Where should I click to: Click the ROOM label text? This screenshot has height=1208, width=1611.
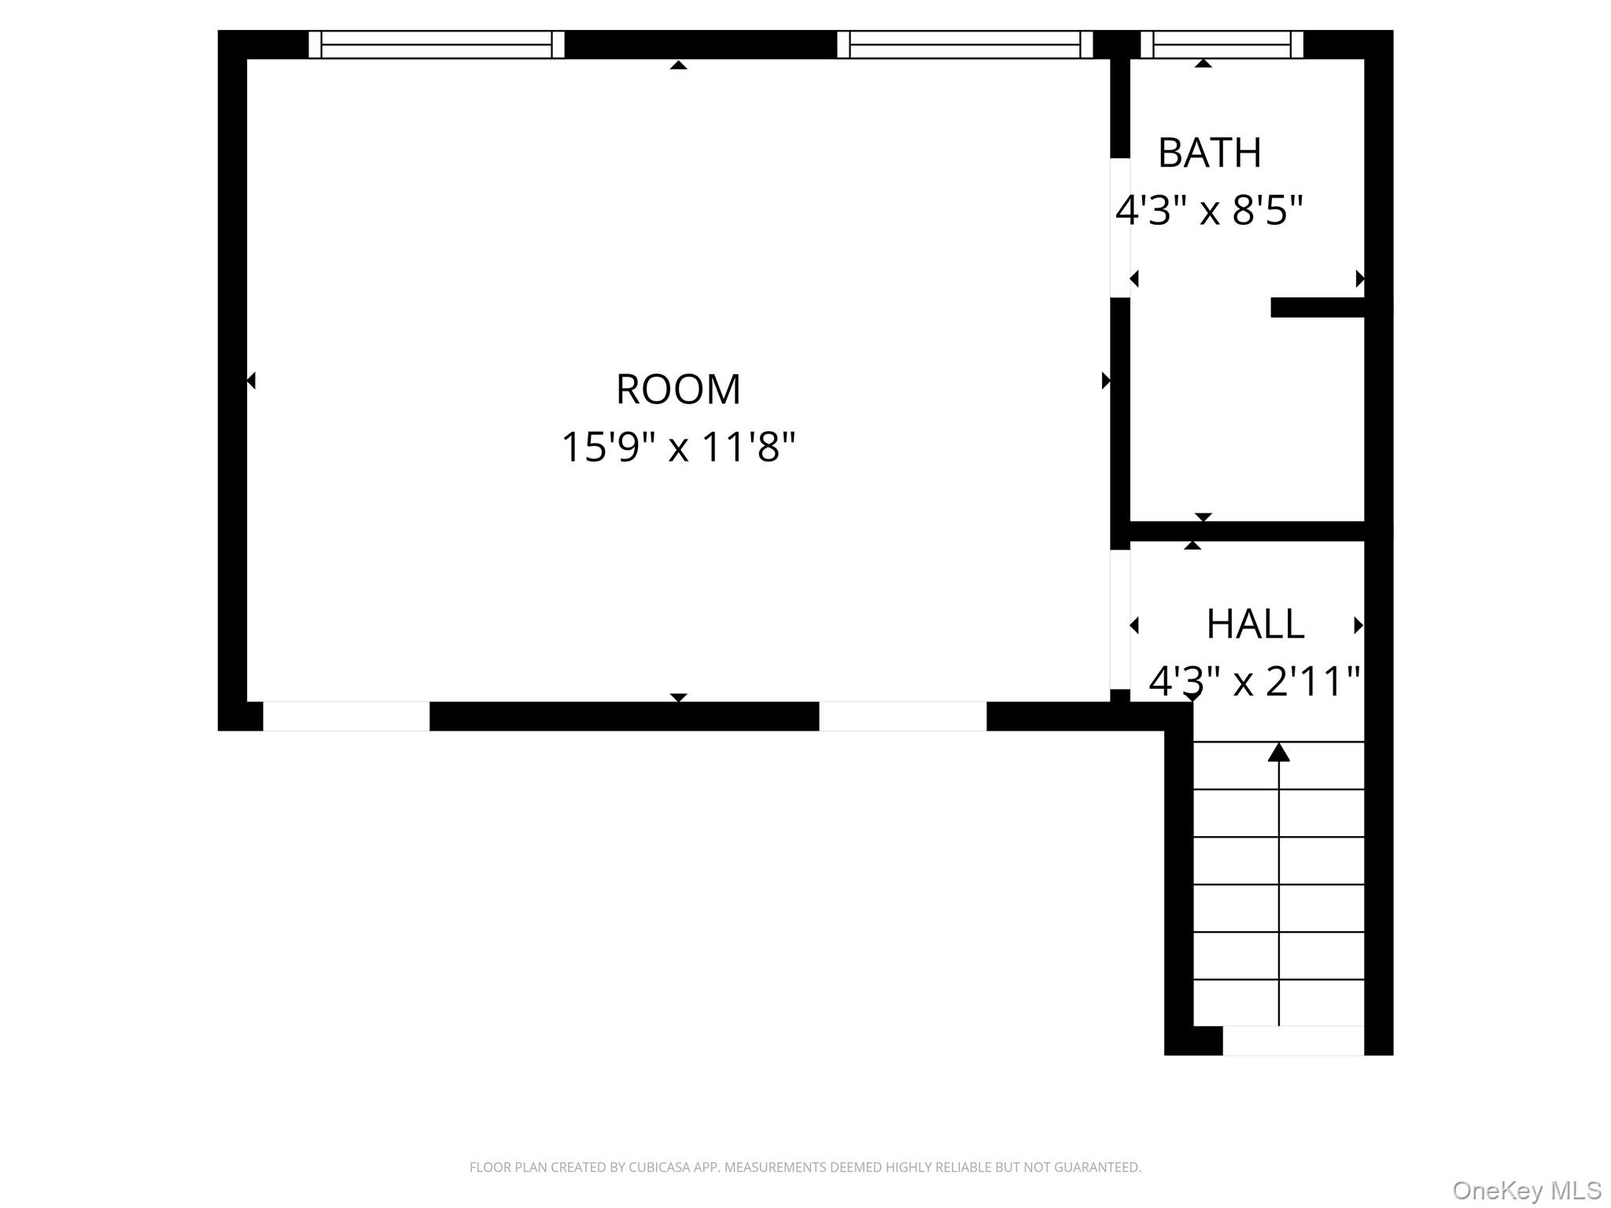pos(678,389)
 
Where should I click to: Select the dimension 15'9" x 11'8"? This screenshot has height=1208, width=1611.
pos(678,447)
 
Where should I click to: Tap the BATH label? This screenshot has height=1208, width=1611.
pos(1210,153)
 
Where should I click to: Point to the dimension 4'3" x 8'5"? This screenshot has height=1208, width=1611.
pos(1210,210)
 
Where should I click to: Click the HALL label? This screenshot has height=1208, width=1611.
pos(1255,624)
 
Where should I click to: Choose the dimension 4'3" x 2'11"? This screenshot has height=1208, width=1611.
pos(1255,681)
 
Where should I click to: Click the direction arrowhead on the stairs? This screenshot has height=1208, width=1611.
pos(1278,753)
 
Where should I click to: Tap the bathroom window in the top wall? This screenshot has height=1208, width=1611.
pos(1222,45)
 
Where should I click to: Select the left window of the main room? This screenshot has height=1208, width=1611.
pos(437,45)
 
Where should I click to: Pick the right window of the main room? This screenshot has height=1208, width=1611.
pos(965,45)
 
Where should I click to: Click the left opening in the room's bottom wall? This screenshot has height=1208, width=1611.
pos(346,716)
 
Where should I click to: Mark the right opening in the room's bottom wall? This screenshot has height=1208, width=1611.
pos(903,716)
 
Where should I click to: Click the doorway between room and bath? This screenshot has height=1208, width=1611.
pos(1120,228)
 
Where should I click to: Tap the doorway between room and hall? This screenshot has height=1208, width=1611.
pos(1120,619)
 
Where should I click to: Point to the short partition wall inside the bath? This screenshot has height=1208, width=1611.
pos(1318,308)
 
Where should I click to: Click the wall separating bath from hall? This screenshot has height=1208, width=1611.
pos(1247,531)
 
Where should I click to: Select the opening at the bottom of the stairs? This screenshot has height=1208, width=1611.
pos(1293,1040)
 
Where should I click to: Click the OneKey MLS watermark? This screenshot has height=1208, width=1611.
pos(1526,1191)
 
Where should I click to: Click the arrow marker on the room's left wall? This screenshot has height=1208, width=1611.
pos(251,381)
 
